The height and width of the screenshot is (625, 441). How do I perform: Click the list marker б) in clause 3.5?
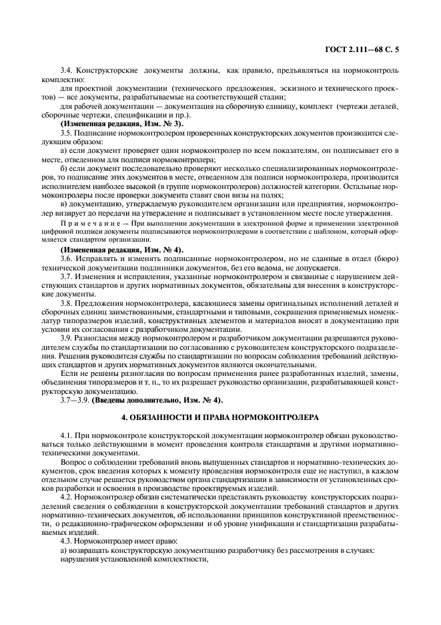coord(64,170)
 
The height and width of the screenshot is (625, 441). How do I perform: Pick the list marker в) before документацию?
coord(64,204)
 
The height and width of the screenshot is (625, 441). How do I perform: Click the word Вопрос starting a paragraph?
coord(73,461)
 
